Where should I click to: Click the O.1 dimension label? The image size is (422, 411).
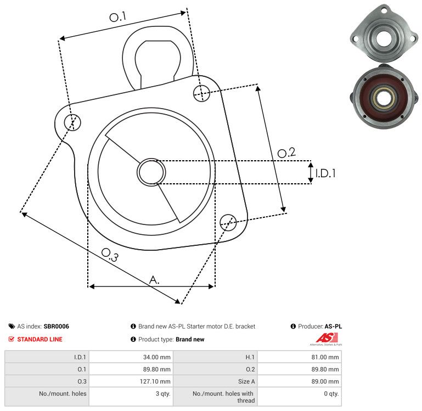pos(117,18)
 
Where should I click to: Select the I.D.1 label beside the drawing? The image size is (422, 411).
pos(325,173)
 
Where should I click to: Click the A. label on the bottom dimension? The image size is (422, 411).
pos(154,280)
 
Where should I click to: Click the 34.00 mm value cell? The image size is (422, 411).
pos(157,357)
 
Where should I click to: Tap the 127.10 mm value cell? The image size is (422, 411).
pos(156,381)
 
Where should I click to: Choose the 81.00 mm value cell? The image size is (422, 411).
pos(325,357)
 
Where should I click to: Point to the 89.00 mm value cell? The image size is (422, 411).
pos(325,381)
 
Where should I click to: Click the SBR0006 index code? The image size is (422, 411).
pos(56,326)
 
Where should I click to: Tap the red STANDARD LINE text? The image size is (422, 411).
pos(40,339)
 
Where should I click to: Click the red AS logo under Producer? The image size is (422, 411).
pos(325,338)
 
